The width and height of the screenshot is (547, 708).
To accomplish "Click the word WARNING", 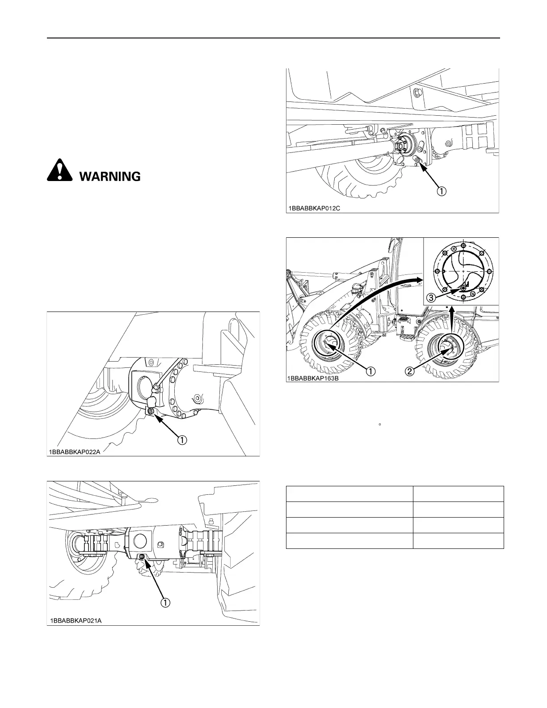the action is click(110, 177).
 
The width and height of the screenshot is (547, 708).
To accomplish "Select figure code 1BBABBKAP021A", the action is click(76, 620).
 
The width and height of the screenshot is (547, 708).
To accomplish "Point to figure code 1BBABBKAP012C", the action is click(315, 208).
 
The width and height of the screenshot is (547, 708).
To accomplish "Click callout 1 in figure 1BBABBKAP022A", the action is click(183, 440).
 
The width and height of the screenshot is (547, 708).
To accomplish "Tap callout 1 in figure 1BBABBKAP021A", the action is click(165, 603).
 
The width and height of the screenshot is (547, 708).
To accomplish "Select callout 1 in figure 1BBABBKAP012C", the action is click(441, 191).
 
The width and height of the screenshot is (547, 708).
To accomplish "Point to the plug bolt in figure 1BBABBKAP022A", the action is click(150, 411).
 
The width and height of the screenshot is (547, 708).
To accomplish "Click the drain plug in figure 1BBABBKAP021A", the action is click(141, 556).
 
